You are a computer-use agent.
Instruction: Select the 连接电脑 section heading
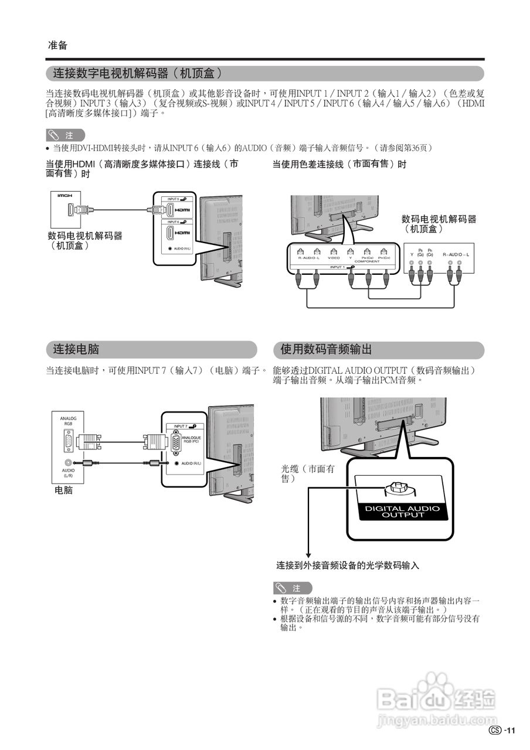pos(76,350)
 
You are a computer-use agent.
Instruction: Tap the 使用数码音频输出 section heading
pos(326,350)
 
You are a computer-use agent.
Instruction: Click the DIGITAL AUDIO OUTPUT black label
pos(402,512)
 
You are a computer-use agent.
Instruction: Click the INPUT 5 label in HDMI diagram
pos(173,199)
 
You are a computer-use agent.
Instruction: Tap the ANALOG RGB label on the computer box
pos(69,421)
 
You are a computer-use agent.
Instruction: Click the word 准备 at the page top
pos(57,45)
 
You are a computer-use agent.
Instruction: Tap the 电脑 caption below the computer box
pos(64,490)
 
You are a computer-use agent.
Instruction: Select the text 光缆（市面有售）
pos(308,473)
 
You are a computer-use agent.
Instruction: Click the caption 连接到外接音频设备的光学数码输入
pos(348,565)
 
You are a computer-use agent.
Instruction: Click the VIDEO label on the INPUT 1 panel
pos(334,258)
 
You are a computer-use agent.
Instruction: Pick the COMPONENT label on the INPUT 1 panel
pos(367,261)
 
